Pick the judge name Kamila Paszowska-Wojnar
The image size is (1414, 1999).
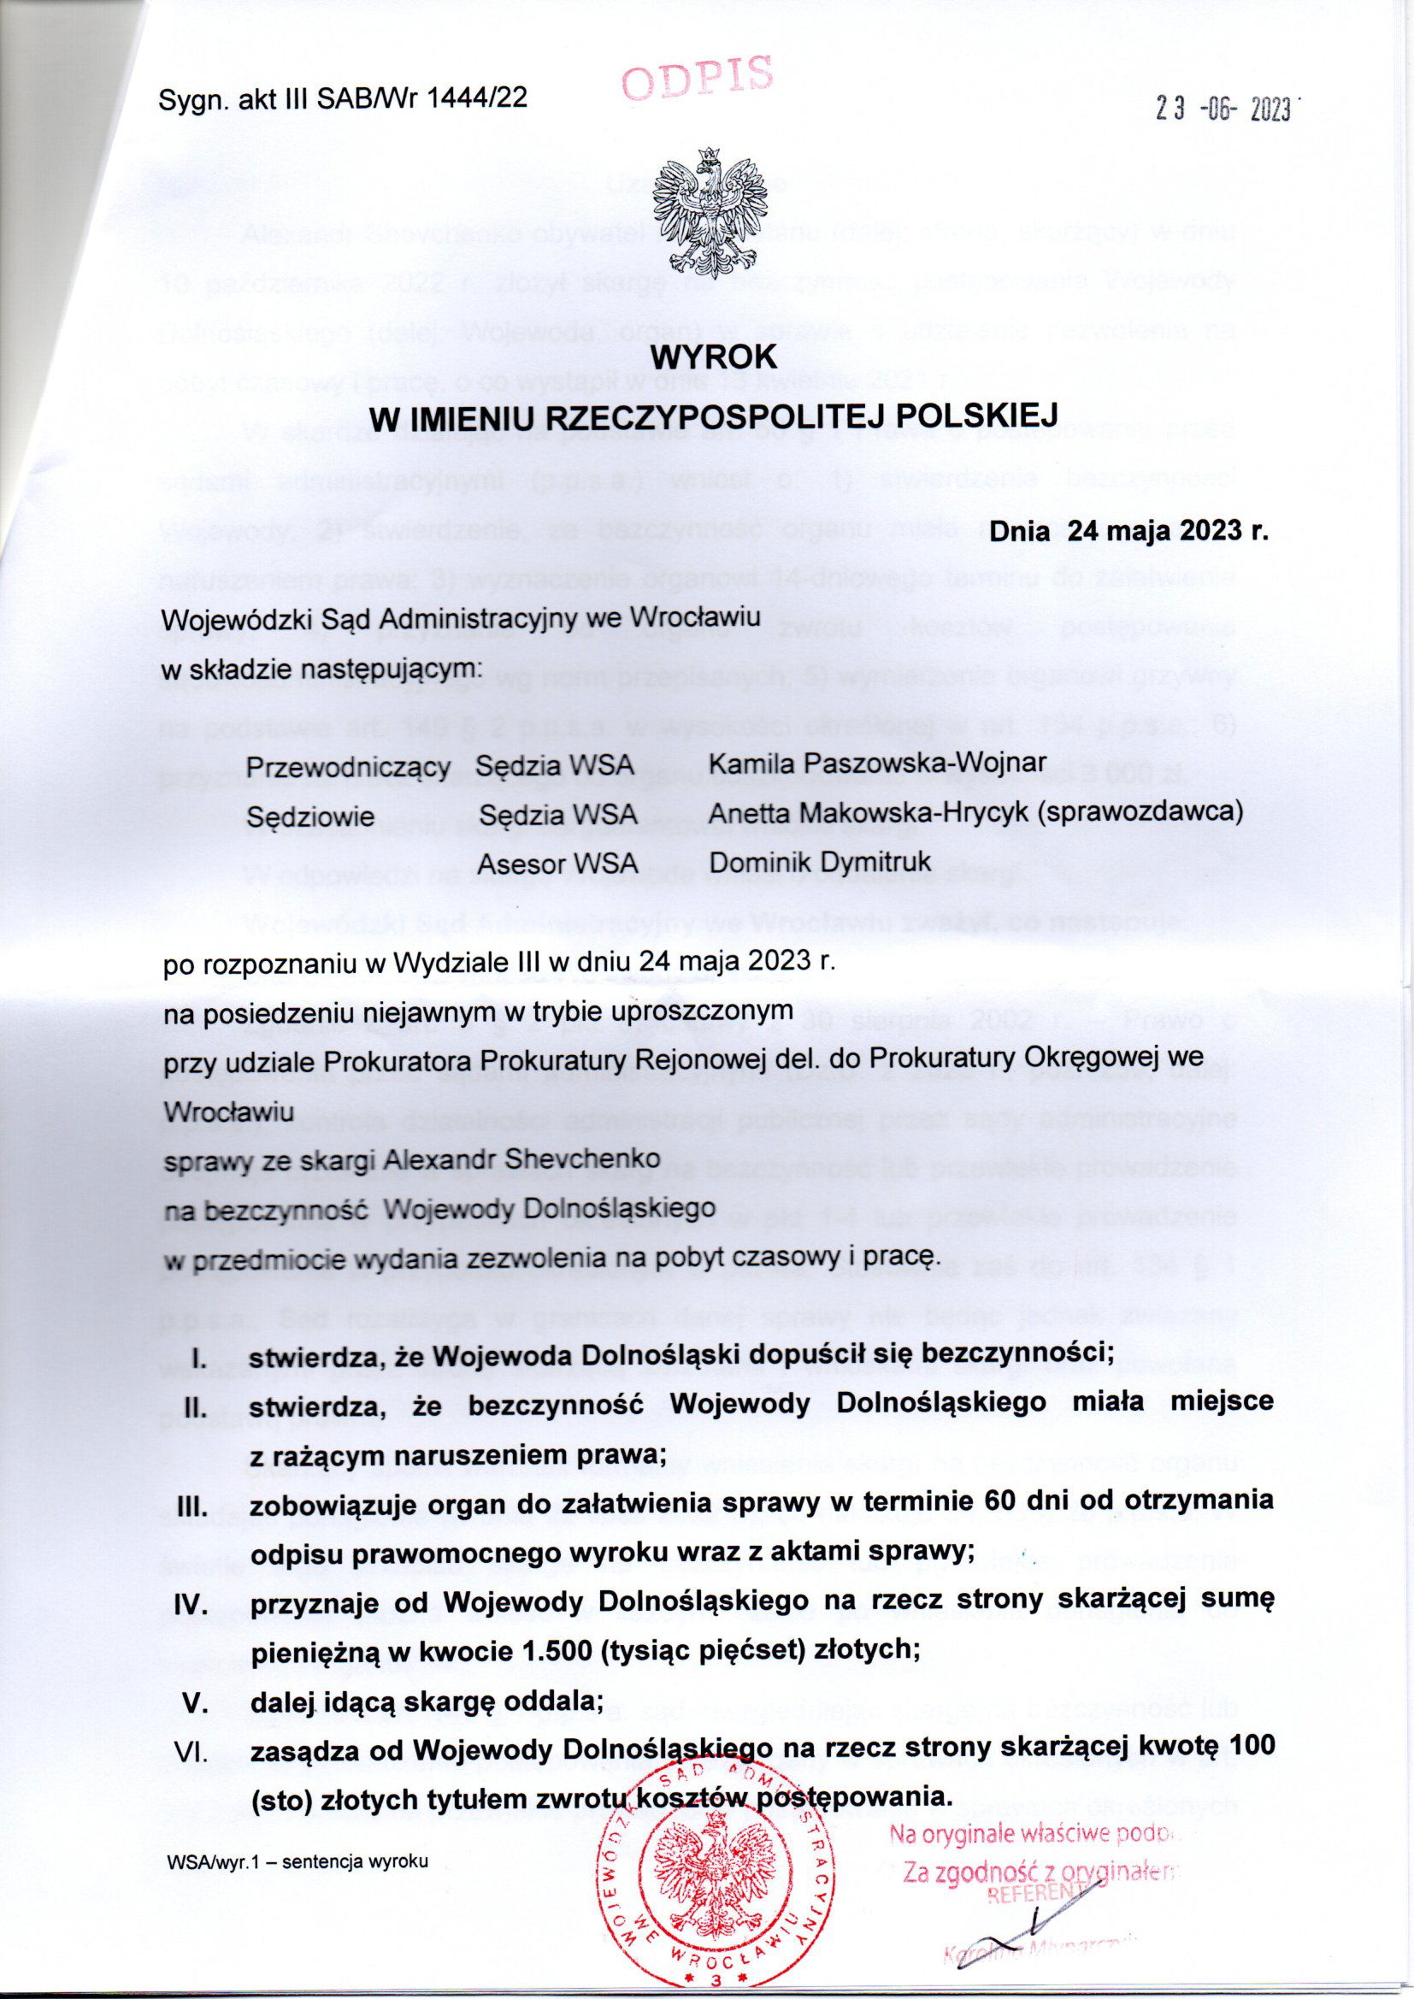coord(878,764)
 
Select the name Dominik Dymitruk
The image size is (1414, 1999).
coord(820,862)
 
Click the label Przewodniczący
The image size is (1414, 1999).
coord(348,768)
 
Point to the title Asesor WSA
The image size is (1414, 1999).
coord(558,863)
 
